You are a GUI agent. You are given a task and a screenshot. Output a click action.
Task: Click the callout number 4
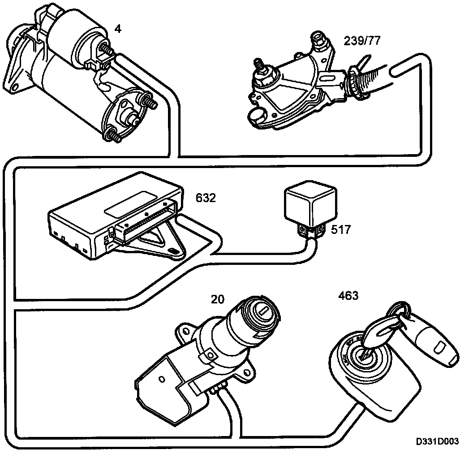tap(117, 30)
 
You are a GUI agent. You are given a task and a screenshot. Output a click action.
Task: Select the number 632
tap(206, 198)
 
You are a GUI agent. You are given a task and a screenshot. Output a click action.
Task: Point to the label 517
tap(340, 230)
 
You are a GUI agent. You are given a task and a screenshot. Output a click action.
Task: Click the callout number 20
tap(218, 299)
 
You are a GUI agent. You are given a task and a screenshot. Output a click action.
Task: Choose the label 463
tap(348, 296)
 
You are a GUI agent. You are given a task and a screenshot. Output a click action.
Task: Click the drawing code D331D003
tap(437, 441)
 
